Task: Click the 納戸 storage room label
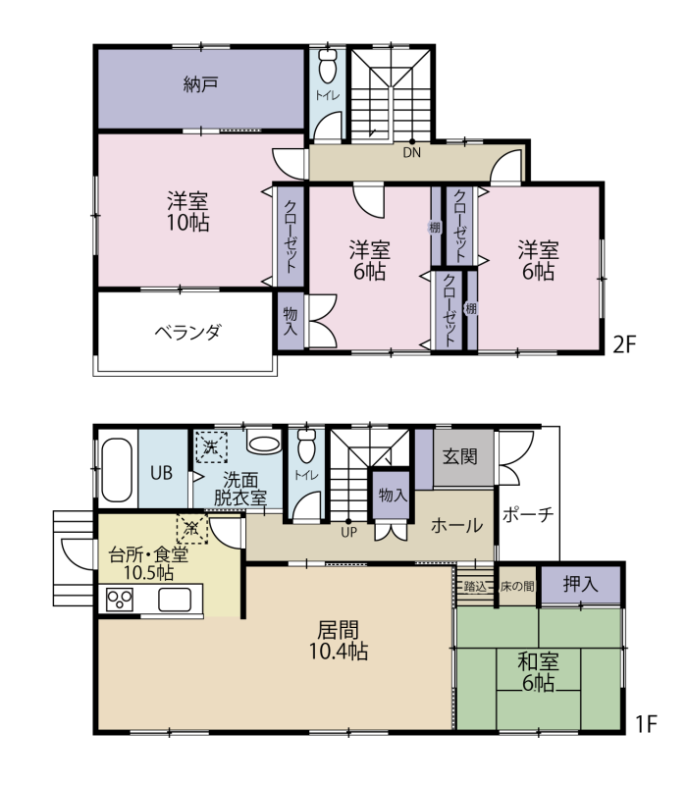click(x=201, y=84)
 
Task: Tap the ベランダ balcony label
click(x=187, y=332)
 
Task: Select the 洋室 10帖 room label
click(x=187, y=212)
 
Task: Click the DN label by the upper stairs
click(x=412, y=153)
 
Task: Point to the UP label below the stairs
click(x=348, y=533)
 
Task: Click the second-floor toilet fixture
click(x=328, y=66)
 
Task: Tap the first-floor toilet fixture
click(x=307, y=445)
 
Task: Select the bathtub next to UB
click(x=117, y=470)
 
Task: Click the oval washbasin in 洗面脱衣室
click(x=263, y=444)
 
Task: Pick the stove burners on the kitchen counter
click(x=120, y=599)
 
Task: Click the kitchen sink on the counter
click(x=175, y=600)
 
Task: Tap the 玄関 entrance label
click(x=459, y=456)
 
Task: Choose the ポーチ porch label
click(x=528, y=514)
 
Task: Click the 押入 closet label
click(x=580, y=584)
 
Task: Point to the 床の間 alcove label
click(x=517, y=586)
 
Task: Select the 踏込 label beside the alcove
click(x=475, y=586)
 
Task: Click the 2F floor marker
click(x=624, y=344)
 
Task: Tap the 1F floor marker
click(x=646, y=723)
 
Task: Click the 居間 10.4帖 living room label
click(x=339, y=642)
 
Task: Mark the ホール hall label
click(x=456, y=526)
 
